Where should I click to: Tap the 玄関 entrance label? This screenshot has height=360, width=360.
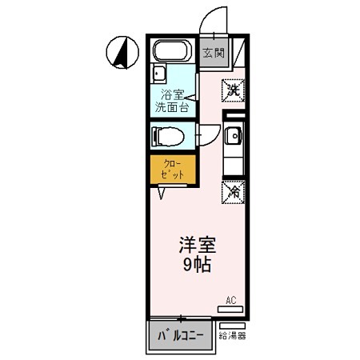[212, 54]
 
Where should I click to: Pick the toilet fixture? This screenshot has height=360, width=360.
[169, 135]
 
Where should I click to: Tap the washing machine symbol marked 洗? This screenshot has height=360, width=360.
[233, 90]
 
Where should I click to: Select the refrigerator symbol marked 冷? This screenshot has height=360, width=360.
[233, 192]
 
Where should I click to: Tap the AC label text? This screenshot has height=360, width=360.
[230, 300]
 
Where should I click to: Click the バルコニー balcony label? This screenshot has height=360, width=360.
[181, 334]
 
